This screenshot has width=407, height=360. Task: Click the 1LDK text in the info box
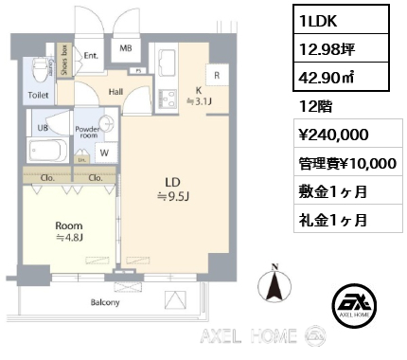322,20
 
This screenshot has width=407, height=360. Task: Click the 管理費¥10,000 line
346,163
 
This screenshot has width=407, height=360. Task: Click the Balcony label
106,303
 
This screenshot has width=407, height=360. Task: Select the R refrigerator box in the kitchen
217,75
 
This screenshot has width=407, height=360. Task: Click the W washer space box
102,152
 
